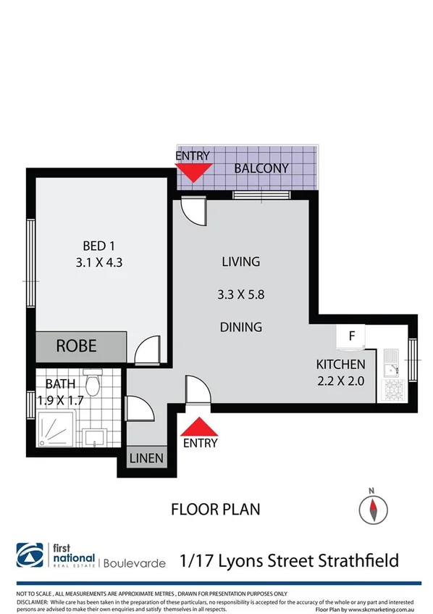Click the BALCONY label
[x=261, y=168]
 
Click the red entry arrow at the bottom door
[x=199, y=426]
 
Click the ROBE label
[x=76, y=345]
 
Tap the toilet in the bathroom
[x=92, y=381]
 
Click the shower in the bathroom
[x=55, y=429]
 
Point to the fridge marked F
[x=353, y=337]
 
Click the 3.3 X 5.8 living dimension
[x=240, y=294]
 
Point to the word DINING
[x=240, y=327]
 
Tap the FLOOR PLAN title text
[x=215, y=508]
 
